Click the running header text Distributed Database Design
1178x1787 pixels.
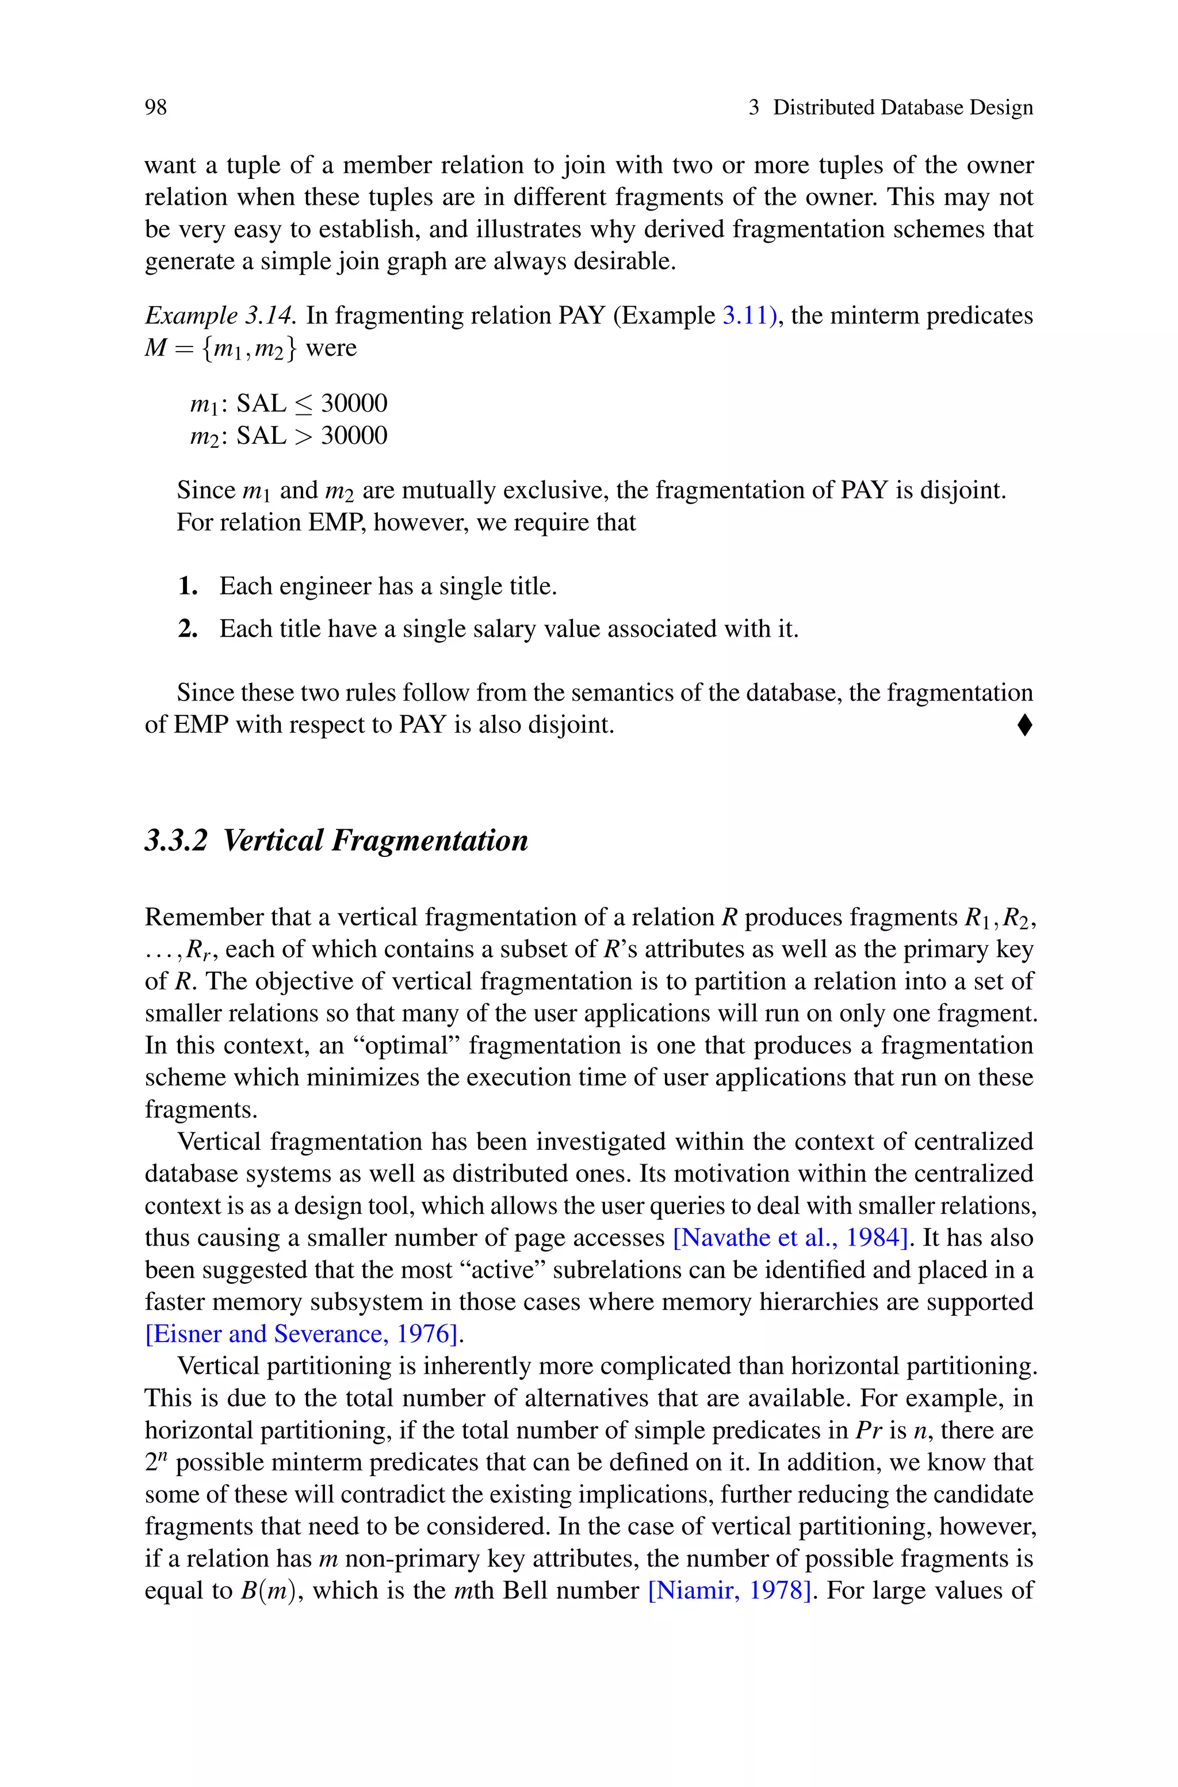coord(903,108)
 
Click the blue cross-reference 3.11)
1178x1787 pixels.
coord(749,315)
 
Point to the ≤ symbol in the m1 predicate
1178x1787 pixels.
coord(304,404)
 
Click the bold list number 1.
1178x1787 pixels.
coord(188,586)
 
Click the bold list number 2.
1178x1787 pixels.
coord(188,629)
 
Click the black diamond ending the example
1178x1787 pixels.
coord(1024,725)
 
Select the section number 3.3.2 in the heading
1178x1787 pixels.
coord(176,840)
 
